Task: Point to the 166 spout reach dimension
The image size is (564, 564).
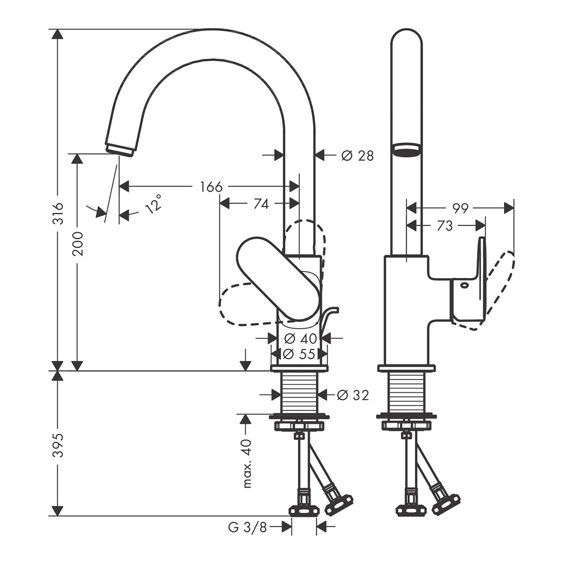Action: point(211,187)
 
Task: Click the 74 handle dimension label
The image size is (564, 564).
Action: point(261,204)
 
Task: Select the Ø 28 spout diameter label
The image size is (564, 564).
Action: point(358,156)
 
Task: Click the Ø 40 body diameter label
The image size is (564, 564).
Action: point(301,339)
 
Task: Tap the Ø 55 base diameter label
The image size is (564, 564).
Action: point(299,354)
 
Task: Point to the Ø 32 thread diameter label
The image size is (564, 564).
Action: point(353,396)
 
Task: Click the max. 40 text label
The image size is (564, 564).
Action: point(248,463)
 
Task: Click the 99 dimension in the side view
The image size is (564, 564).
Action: point(461,208)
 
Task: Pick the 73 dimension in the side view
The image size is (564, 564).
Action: point(445,226)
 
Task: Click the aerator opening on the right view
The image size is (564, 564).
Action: point(407,151)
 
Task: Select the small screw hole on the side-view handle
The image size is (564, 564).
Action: point(463,285)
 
